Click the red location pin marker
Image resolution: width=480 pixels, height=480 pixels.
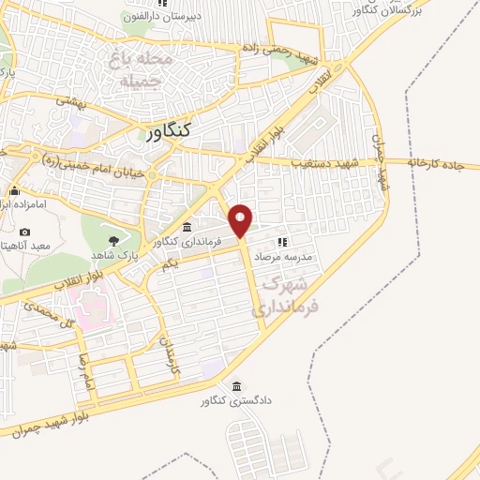(241, 219)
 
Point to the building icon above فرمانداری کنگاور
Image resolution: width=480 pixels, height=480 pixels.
(187, 227)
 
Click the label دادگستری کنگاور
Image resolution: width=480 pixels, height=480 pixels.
(234, 401)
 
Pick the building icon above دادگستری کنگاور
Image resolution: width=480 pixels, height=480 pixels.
(235, 386)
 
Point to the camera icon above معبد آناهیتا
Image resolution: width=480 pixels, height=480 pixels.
(24, 232)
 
